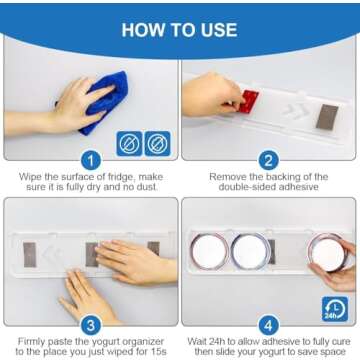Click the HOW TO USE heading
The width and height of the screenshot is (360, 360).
(180, 30)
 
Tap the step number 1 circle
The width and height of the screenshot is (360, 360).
(91, 160)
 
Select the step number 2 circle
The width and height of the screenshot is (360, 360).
(269, 160)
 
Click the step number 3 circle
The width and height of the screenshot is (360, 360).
(91, 325)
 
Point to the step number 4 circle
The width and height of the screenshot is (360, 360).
(269, 325)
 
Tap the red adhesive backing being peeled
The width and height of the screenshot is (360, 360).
(249, 101)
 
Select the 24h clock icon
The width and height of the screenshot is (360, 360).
(335, 309)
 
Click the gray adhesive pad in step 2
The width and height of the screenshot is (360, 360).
(327, 117)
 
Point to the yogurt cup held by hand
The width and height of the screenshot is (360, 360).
(328, 253)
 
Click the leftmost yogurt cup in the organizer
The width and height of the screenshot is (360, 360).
(210, 251)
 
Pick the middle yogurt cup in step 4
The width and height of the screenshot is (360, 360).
(251, 251)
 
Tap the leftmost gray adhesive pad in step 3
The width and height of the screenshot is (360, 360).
(30, 255)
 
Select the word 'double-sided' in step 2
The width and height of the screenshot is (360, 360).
(246, 187)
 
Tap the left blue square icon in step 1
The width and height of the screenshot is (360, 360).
(129, 144)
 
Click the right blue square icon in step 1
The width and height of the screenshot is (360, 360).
(157, 144)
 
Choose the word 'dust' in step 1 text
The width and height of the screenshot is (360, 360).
(146, 187)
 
